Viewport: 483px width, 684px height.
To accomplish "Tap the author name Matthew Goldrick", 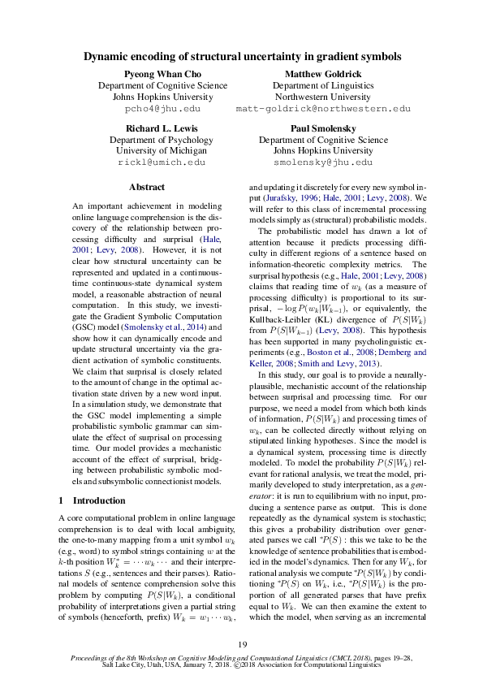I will point(323,73).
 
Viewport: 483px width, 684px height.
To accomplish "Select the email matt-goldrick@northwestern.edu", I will point(323,108).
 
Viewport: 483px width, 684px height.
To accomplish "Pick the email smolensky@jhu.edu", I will point(323,162).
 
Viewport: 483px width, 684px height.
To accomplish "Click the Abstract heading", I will point(147,187).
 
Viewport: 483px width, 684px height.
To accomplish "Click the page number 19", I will point(242,645).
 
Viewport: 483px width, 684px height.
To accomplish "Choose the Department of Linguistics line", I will point(323,84).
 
